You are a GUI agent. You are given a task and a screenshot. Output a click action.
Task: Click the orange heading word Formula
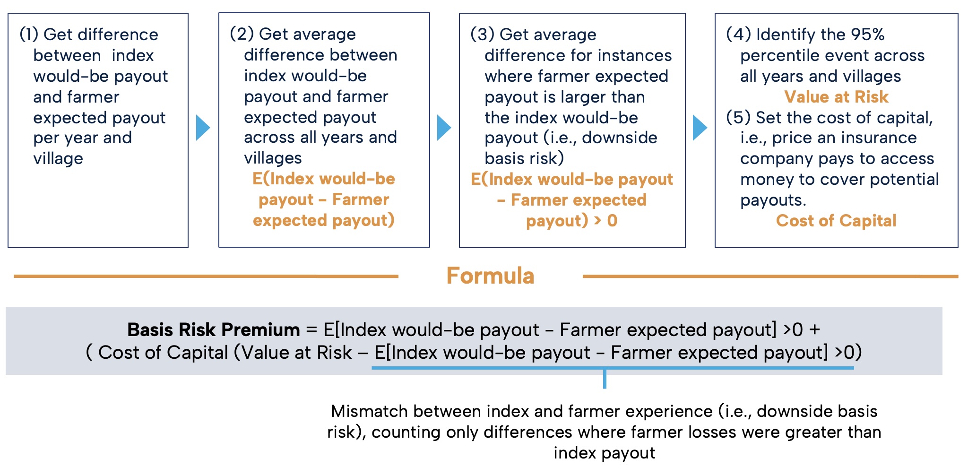tap(490, 276)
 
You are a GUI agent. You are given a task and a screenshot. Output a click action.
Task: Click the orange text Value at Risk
tap(836, 97)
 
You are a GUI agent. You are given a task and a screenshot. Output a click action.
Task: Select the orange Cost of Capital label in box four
tap(836, 221)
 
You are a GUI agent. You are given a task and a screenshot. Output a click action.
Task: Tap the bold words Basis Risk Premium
tap(214, 329)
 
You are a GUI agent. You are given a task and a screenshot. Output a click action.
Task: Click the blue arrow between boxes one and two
tap(203, 128)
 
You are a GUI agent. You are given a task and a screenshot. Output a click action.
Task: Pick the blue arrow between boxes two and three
tap(444, 128)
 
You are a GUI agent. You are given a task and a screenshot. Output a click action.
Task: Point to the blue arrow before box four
tap(700, 128)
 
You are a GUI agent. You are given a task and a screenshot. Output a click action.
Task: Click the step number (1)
tap(29, 35)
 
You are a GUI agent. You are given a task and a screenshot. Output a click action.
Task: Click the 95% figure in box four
tap(868, 35)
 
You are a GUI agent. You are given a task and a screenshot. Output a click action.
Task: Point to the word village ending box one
tap(58, 159)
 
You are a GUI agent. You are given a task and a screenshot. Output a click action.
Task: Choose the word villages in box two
tap(273, 158)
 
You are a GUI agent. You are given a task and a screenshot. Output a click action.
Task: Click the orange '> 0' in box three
tap(605, 221)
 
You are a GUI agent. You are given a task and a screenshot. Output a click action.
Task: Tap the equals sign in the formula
tap(311, 330)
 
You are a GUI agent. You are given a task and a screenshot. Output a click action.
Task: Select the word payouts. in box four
tap(773, 200)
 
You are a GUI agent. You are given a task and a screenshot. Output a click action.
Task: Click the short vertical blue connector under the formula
tap(605, 378)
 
